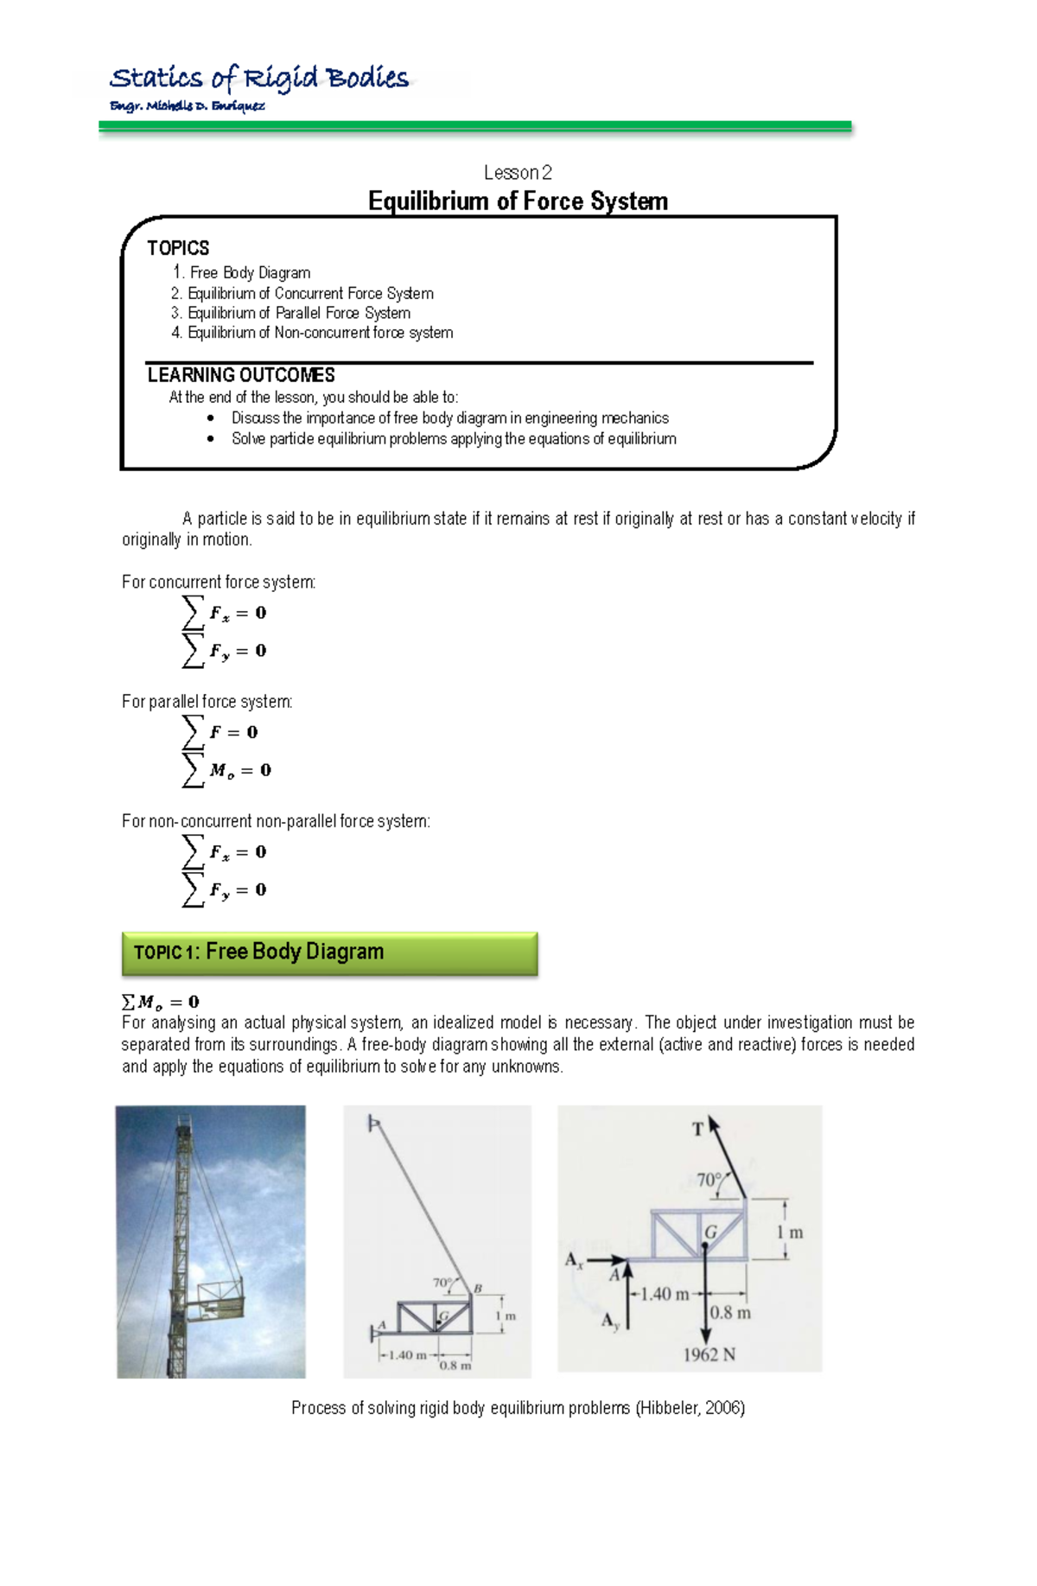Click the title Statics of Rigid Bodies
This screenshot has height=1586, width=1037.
coord(259,79)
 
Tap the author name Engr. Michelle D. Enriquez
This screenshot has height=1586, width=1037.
coord(187,106)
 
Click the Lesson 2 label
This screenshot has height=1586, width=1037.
coord(518,173)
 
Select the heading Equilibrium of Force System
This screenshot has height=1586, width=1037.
coord(518,201)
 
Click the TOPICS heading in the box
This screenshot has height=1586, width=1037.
coord(178,249)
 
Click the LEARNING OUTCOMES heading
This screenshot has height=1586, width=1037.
coord(241,375)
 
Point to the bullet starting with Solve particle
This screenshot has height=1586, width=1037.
coord(453,439)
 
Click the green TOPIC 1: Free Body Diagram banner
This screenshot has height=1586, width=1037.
coord(329,952)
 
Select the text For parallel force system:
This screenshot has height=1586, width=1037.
coord(207,702)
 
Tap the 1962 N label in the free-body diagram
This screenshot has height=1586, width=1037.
coord(709,1354)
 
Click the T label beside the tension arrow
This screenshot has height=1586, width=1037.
coord(698,1129)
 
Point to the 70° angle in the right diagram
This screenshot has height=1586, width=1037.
coord(709,1180)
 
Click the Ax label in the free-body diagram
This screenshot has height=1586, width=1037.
coord(575,1260)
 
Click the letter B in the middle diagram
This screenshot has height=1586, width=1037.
coord(477,1289)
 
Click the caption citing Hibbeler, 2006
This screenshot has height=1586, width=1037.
coord(518,1408)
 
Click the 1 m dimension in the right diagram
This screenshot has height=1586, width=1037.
coord(789,1232)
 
